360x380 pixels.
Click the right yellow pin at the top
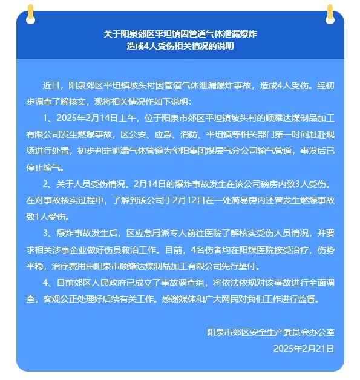(x=330, y=11)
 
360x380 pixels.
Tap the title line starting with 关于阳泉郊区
(x=180, y=35)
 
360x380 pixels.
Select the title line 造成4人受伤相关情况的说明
(x=180, y=47)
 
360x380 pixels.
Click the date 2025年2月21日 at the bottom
(x=304, y=349)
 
